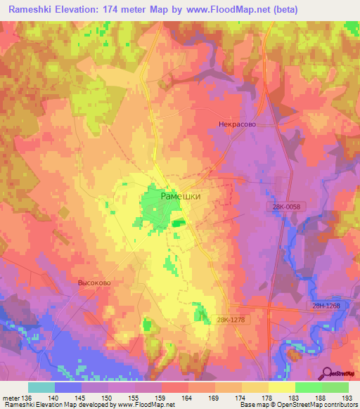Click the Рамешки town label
tap(181, 197)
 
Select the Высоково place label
tap(90, 283)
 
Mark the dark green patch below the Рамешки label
tap(179, 223)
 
